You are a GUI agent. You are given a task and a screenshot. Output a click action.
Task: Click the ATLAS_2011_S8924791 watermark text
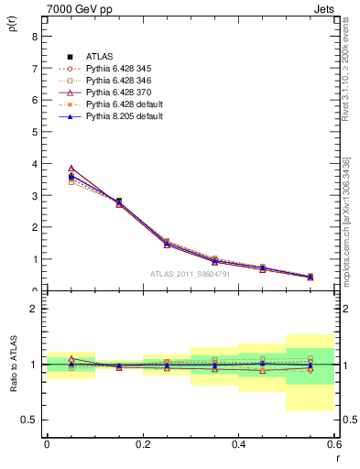click(190, 273)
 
